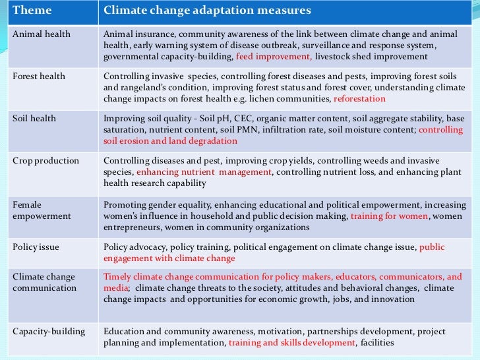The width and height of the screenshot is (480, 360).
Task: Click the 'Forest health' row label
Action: (39, 76)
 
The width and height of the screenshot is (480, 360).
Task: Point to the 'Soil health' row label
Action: (34, 118)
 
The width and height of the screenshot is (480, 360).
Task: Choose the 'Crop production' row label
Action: (45, 160)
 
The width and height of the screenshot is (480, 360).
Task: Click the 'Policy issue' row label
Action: (37, 247)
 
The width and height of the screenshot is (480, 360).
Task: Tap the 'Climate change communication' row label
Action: (44, 282)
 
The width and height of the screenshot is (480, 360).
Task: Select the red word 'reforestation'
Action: (359, 99)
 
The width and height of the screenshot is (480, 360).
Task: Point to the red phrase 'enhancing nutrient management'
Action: (204, 172)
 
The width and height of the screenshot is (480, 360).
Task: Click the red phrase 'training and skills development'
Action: (292, 343)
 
